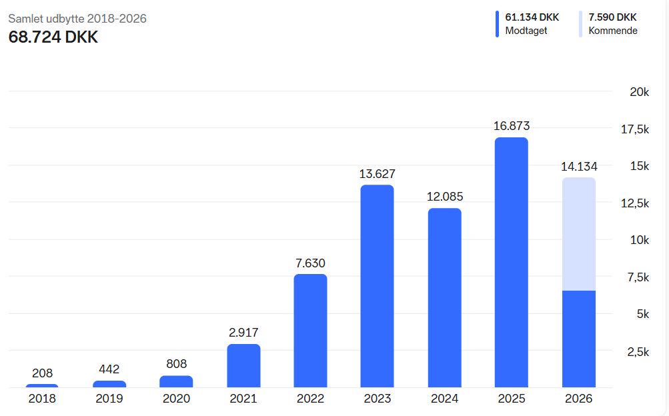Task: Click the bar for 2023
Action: pyautogui.click(x=377, y=287)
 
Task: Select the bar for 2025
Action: pyautogui.click(x=511, y=263)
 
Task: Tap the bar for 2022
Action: pyautogui.click(x=310, y=331)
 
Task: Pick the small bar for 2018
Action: pyautogui.click(x=42, y=385)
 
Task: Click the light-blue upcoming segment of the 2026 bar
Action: pyautogui.click(x=578, y=233)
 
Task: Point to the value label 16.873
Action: pyautogui.click(x=512, y=126)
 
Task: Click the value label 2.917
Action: pyautogui.click(x=243, y=332)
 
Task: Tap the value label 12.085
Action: pyautogui.click(x=444, y=197)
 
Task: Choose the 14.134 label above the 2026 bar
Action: pyautogui.click(x=578, y=166)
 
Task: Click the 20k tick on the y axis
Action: pyautogui.click(x=639, y=92)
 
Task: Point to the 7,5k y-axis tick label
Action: pyautogui.click(x=638, y=277)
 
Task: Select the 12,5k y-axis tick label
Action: pyautogui.click(x=635, y=203)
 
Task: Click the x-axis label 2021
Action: pyautogui.click(x=243, y=399)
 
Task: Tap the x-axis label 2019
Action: pyautogui.click(x=109, y=399)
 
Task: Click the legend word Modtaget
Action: pyautogui.click(x=526, y=31)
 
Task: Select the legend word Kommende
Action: pyautogui.click(x=612, y=31)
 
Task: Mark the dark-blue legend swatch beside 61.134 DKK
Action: pyautogui.click(x=497, y=24)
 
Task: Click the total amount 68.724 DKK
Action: pyautogui.click(x=53, y=37)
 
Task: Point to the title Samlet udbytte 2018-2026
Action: pyautogui.click(x=77, y=19)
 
